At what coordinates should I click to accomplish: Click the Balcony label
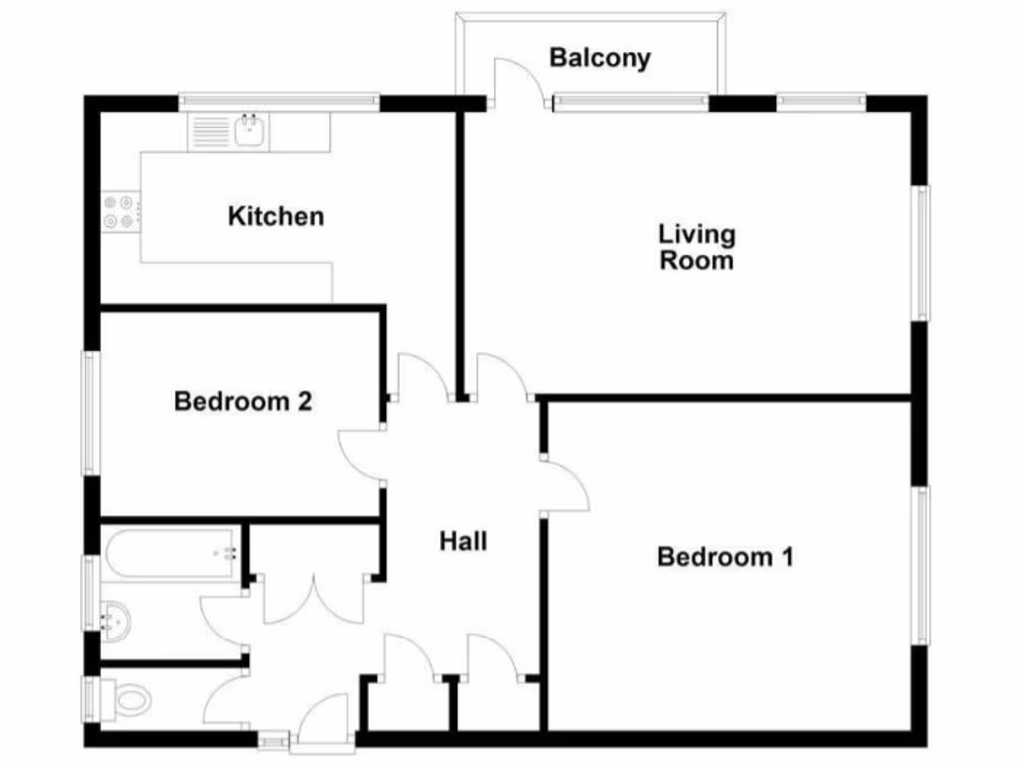point(600,58)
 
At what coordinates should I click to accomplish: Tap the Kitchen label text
point(276,216)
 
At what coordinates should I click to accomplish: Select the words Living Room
point(697,247)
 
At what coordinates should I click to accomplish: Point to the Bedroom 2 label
point(243,402)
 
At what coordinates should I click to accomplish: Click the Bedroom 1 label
point(725,557)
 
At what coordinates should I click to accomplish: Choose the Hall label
point(464,542)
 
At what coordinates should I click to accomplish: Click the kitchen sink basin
point(249,130)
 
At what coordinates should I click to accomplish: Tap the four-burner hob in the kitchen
point(119,211)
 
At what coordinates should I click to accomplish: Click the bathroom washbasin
point(116,619)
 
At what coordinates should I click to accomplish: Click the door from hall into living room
point(504,377)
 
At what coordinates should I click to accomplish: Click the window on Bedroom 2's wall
point(91,411)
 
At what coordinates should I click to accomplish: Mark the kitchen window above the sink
point(279,101)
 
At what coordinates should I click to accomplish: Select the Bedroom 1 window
point(922,565)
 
